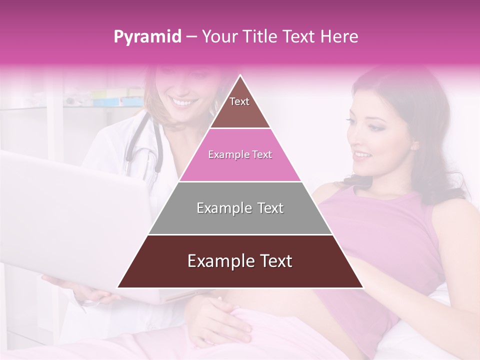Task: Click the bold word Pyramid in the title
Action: [147, 37]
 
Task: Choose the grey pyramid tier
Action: [240, 208]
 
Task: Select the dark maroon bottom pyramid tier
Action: [240, 261]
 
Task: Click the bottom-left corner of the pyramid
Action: [118, 287]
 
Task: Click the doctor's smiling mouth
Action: [182, 102]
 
